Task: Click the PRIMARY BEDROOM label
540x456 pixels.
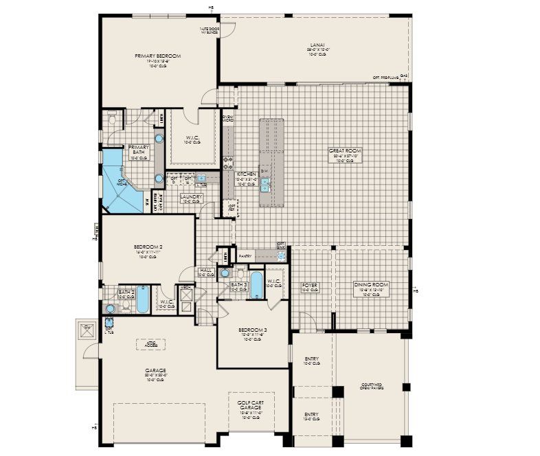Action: click(158, 56)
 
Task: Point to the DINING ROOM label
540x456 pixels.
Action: click(371, 284)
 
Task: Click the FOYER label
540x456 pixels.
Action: click(310, 284)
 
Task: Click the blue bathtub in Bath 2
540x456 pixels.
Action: click(142, 299)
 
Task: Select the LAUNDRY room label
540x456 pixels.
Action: click(191, 198)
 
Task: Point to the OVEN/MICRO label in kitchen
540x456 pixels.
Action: click(227, 119)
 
